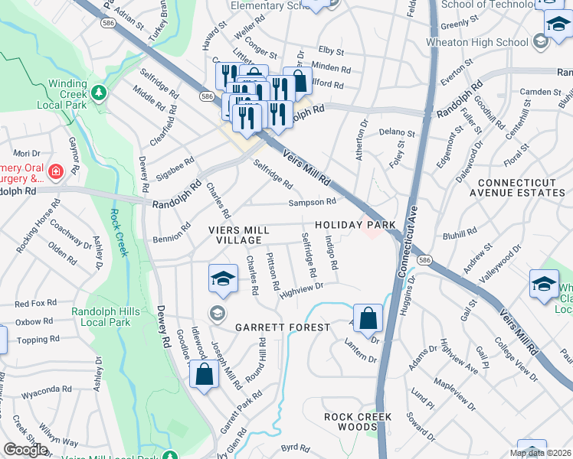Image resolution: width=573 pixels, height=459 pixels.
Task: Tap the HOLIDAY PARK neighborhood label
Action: click(355, 224)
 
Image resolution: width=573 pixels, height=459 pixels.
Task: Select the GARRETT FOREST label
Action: click(282, 327)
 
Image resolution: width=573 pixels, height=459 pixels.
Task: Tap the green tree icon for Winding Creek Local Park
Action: click(98, 93)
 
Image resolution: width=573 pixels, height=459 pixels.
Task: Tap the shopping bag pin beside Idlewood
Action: click(204, 375)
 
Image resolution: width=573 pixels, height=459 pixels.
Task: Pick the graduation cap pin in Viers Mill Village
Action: click(222, 278)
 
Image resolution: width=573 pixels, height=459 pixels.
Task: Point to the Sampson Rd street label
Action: click(313, 202)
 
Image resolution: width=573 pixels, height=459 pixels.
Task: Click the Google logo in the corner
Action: click(25, 450)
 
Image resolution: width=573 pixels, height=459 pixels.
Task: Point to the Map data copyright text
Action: click(540, 453)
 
